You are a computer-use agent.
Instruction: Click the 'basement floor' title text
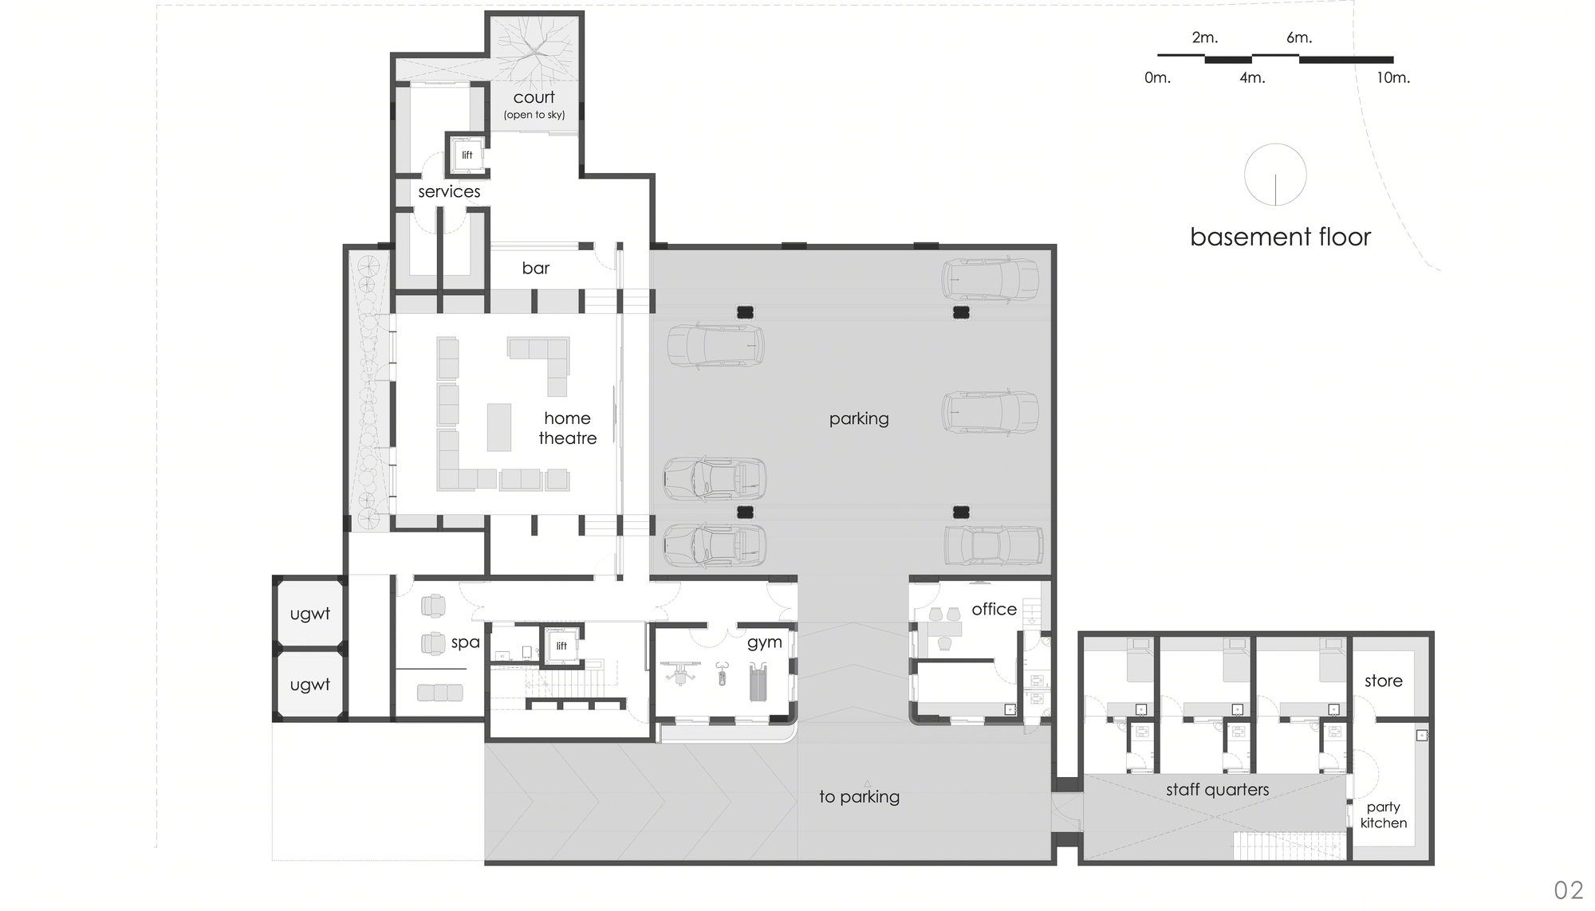click(x=1280, y=237)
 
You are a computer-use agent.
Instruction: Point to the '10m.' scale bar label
click(x=1393, y=78)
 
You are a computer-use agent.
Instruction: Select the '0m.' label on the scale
click(x=1157, y=78)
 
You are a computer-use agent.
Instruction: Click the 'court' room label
click(x=534, y=97)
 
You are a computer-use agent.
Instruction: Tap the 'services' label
click(x=449, y=191)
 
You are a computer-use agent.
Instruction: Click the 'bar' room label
click(x=536, y=268)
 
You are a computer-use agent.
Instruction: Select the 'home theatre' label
click(x=568, y=428)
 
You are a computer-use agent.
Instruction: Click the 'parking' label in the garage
click(x=859, y=419)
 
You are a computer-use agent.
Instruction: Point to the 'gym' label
click(x=764, y=643)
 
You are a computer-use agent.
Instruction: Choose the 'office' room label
click(x=994, y=609)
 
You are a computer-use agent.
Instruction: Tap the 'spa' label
click(x=466, y=642)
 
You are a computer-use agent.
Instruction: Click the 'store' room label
click(x=1384, y=681)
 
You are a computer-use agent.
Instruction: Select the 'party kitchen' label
click(x=1384, y=815)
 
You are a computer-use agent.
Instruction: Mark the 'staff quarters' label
click(x=1217, y=790)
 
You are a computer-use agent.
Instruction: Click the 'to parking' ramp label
click(x=859, y=796)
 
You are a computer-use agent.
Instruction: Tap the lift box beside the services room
click(x=467, y=154)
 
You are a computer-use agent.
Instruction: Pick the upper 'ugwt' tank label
click(x=309, y=614)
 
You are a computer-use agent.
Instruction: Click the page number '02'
click(x=1569, y=889)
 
